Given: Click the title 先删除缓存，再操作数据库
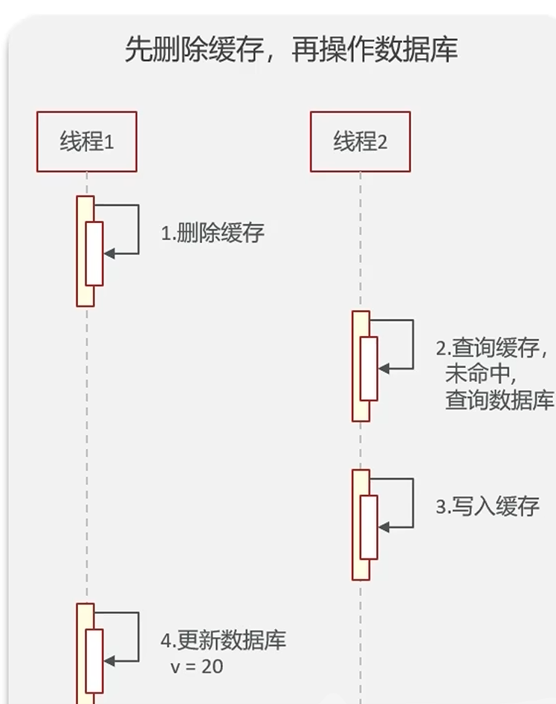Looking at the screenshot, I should point(291,50).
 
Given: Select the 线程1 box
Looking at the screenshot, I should point(87,141).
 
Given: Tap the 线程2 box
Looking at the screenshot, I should point(361,141).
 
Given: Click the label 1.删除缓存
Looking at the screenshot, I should point(213,233).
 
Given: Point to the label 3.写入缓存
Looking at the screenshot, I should point(487,507).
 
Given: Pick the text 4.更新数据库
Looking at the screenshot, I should point(223,641).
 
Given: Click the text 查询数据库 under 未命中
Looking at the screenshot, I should point(500,400).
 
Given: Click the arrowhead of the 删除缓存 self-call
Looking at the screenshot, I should point(109,253).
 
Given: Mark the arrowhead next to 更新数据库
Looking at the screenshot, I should point(109,661).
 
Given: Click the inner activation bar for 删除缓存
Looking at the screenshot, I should point(94,253).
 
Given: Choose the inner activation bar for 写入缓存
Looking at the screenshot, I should point(369,527).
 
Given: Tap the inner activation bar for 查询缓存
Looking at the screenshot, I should point(369,368).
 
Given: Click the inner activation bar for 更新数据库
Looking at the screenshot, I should point(94,660).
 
